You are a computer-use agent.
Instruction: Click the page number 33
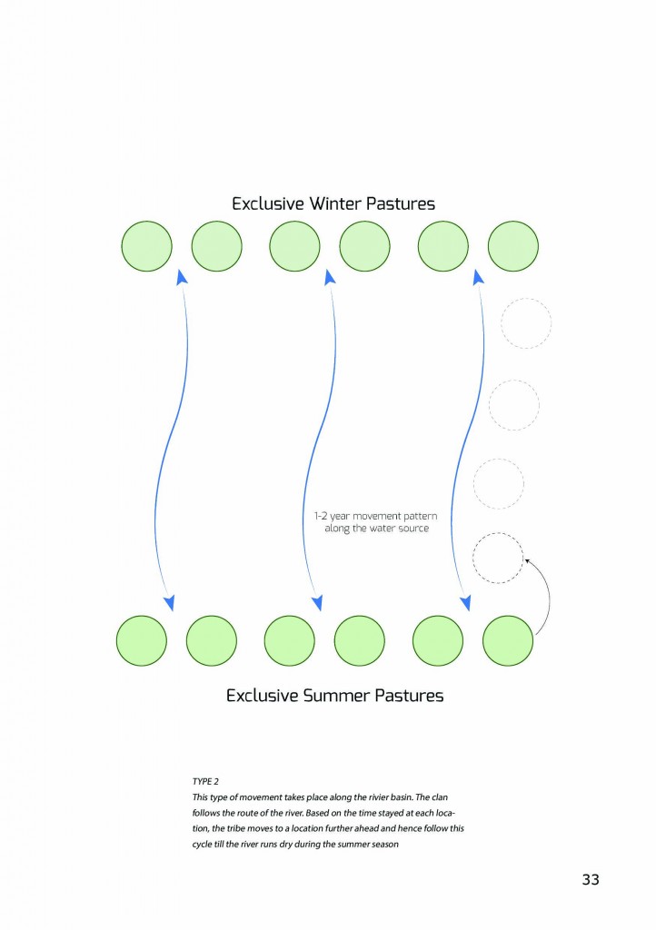(x=591, y=879)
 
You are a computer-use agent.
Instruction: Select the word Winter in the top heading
(x=331, y=203)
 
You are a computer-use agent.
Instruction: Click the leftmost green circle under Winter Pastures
(x=146, y=245)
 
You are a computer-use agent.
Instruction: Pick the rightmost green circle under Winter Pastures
(x=513, y=245)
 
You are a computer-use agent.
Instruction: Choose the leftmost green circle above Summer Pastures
(x=142, y=640)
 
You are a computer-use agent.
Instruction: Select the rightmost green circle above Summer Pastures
(x=508, y=640)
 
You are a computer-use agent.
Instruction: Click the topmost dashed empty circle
(x=526, y=323)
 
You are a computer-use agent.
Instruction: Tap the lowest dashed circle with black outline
(x=498, y=557)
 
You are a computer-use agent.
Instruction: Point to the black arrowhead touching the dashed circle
(x=527, y=562)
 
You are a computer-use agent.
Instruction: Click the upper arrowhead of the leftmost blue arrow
(x=182, y=277)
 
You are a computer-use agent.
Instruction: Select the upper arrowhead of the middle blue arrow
(x=330, y=277)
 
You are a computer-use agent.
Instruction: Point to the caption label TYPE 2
(x=204, y=780)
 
